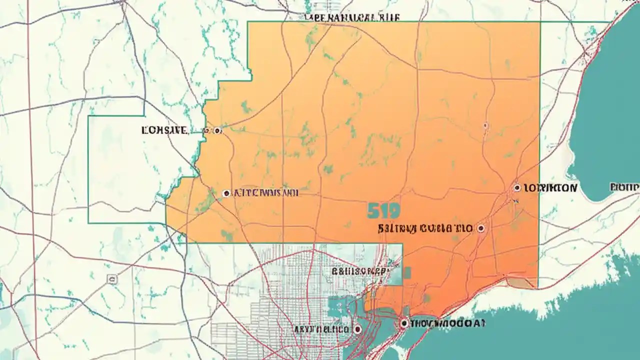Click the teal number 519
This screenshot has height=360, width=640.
(383, 211)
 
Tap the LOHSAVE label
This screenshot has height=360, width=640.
(164, 130)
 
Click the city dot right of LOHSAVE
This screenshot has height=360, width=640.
(217, 130)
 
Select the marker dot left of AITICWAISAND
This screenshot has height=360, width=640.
(226, 192)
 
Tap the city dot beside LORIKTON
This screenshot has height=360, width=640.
(517, 188)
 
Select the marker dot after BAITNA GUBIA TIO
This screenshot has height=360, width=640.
(481, 228)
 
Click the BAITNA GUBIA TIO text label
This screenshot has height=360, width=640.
(425, 229)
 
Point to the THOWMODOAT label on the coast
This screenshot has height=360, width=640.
(447, 323)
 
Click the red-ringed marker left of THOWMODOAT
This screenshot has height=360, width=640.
(404, 323)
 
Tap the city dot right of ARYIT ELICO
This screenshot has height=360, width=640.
(357, 329)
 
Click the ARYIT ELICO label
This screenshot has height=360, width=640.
(315, 329)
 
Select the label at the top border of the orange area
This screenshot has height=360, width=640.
(351, 17)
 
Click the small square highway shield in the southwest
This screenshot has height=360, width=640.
(112, 279)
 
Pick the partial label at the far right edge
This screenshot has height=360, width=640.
(625, 187)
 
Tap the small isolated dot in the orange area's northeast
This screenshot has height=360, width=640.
(485, 125)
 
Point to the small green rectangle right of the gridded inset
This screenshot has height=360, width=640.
(407, 272)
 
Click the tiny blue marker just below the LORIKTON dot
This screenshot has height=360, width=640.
(515, 201)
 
